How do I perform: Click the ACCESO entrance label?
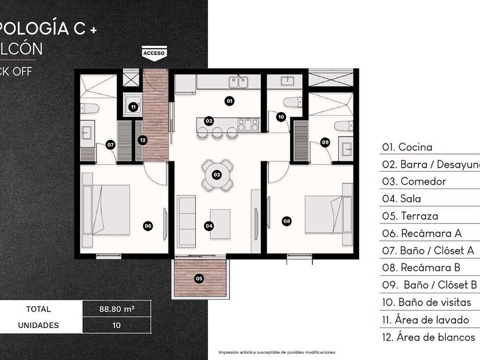coord(154,53)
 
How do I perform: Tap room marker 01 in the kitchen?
coord(229,101)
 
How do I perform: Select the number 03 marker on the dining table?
coord(217,174)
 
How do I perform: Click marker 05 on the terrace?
coord(199,278)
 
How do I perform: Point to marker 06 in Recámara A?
coord(148,226)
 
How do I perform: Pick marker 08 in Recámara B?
coord(286,220)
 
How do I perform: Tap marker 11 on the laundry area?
coord(133,106)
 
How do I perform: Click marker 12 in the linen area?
coord(142,139)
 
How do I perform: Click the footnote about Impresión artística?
coord(277,352)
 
